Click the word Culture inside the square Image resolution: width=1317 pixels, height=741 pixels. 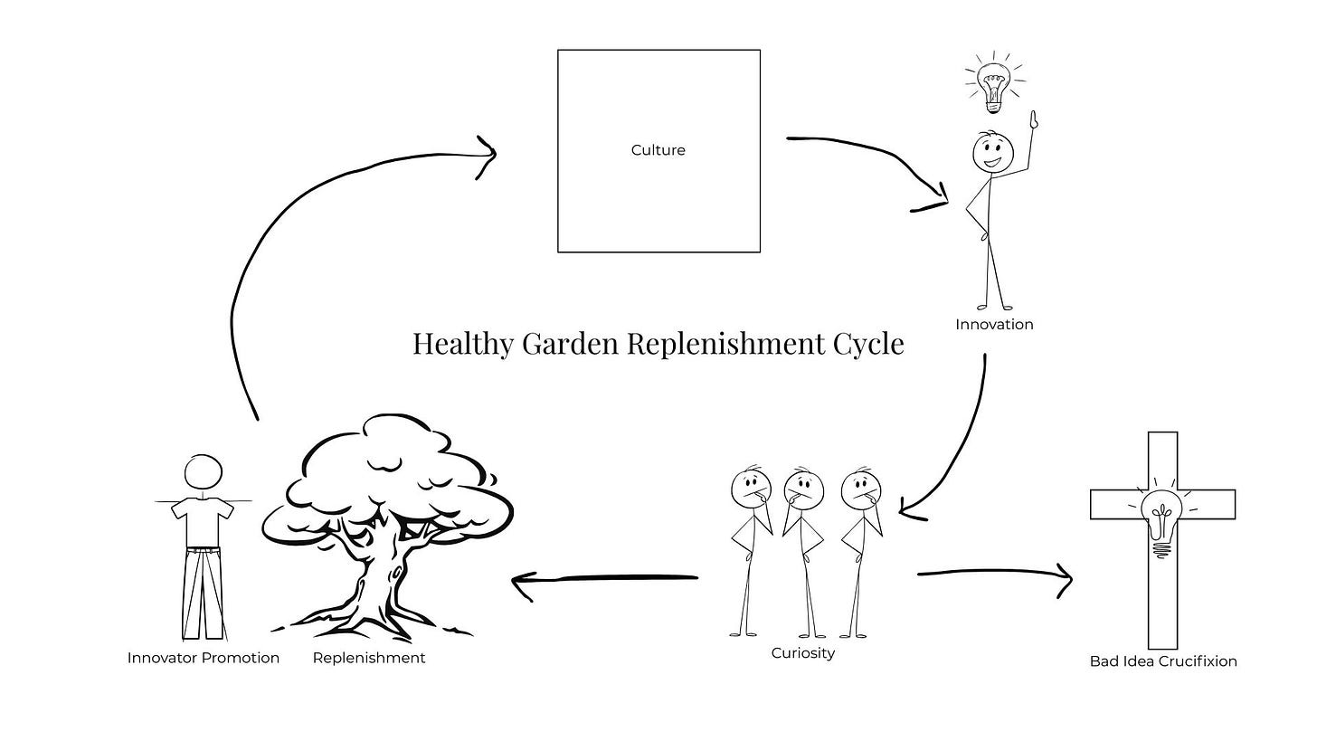pos(658,150)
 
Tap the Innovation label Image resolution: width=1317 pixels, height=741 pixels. pos(994,324)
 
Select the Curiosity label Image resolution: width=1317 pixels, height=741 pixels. pos(802,652)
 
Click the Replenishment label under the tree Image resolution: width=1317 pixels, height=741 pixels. pos(368,658)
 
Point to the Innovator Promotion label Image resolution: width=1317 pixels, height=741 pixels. pos(204,658)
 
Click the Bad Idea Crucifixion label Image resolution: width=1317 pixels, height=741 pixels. pos(1162,660)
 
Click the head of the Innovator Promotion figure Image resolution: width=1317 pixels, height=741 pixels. pos(203,472)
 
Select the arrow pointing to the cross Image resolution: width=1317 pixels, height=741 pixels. pos(995,574)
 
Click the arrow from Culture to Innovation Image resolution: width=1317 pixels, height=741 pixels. pos(868,154)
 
